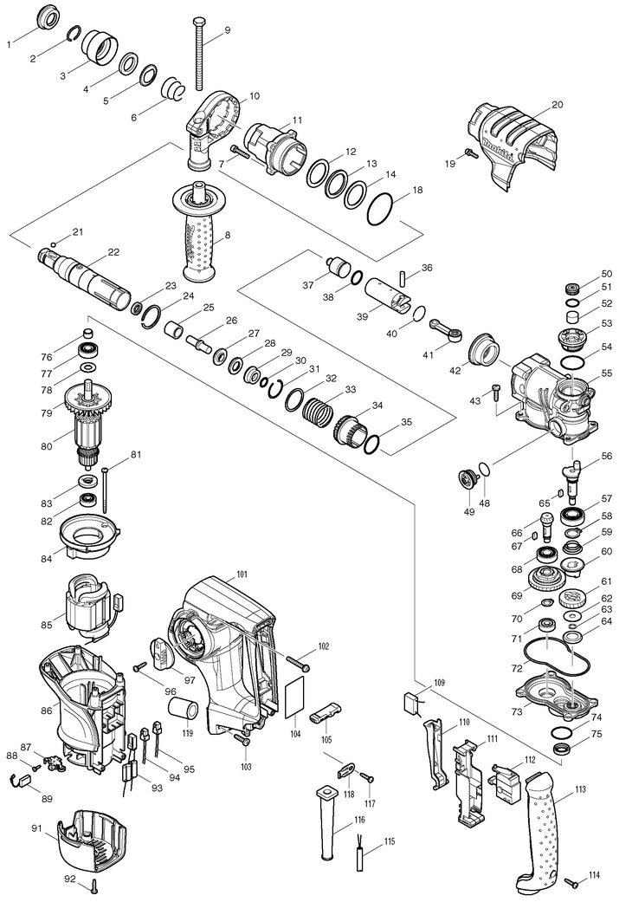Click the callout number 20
[558, 105]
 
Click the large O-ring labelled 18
[382, 208]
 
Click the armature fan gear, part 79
[89, 402]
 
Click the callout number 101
[242, 574]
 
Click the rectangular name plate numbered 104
[295, 697]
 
